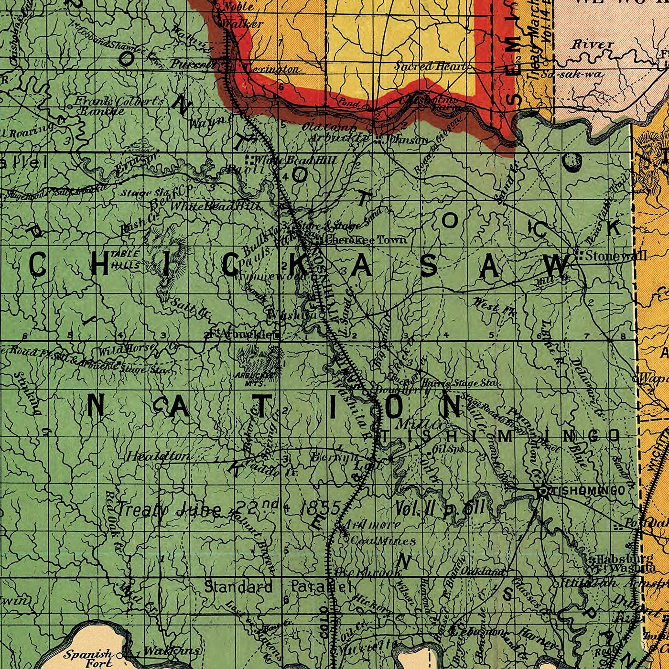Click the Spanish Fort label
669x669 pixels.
pos(88,658)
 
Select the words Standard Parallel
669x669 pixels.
pos(278,587)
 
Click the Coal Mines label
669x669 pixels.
pos(383,541)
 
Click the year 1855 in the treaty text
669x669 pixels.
pos(320,508)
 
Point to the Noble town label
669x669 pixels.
pos(237,7)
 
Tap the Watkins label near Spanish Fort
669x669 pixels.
pos(172,651)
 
